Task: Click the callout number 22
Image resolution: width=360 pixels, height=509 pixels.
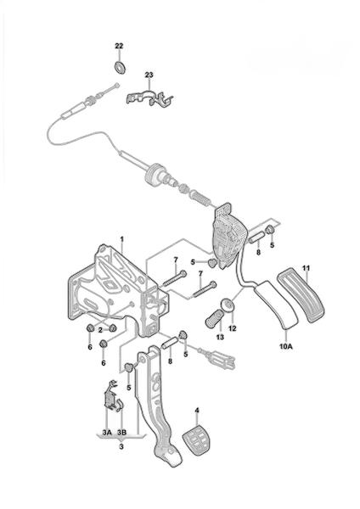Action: pyautogui.click(x=119, y=46)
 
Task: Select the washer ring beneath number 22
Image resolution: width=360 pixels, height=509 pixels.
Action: pyautogui.click(x=121, y=66)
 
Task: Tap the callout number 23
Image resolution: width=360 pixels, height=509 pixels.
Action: pyautogui.click(x=149, y=75)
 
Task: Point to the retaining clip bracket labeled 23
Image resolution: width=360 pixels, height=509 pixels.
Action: pyautogui.click(x=149, y=97)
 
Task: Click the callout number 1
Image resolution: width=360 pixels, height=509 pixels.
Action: pyautogui.click(x=122, y=239)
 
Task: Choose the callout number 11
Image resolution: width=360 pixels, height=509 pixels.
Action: pyautogui.click(x=306, y=268)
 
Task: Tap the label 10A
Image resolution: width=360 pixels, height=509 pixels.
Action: pyautogui.click(x=286, y=346)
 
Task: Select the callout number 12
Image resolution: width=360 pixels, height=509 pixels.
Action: pyautogui.click(x=233, y=328)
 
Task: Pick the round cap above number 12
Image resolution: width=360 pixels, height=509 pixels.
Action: pyautogui.click(x=228, y=305)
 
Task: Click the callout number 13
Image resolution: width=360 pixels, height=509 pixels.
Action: pyautogui.click(x=220, y=337)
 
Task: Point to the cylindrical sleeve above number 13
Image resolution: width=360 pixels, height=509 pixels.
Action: pyautogui.click(x=213, y=318)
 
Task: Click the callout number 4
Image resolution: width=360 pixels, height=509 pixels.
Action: pyautogui.click(x=197, y=411)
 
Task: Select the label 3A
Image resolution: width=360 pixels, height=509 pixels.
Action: pyautogui.click(x=107, y=433)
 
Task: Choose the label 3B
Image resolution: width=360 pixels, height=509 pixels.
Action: pyautogui.click(x=121, y=433)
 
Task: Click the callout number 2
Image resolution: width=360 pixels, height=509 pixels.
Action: pyautogui.click(x=100, y=330)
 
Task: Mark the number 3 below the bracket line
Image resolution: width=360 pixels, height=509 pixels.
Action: pyautogui.click(x=121, y=447)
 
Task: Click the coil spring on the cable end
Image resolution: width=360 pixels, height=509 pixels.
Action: pyautogui.click(x=199, y=198)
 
